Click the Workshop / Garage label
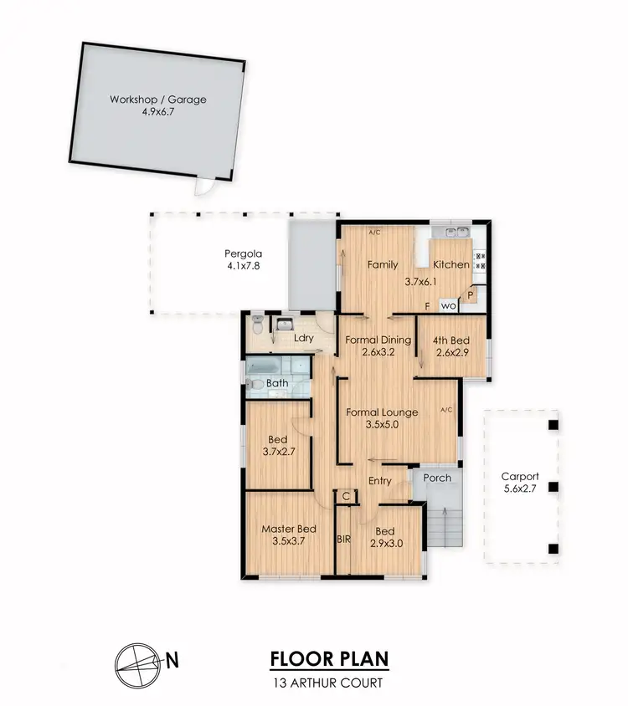tap(157, 100)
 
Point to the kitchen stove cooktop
tap(481, 261)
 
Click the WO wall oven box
tap(448, 306)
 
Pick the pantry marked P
tap(471, 294)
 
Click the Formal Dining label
tap(378, 340)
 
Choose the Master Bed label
tap(288, 529)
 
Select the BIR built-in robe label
tap(343, 540)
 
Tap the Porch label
tap(437, 478)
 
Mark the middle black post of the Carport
tap(552, 486)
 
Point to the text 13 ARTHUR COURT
tap(328, 683)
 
